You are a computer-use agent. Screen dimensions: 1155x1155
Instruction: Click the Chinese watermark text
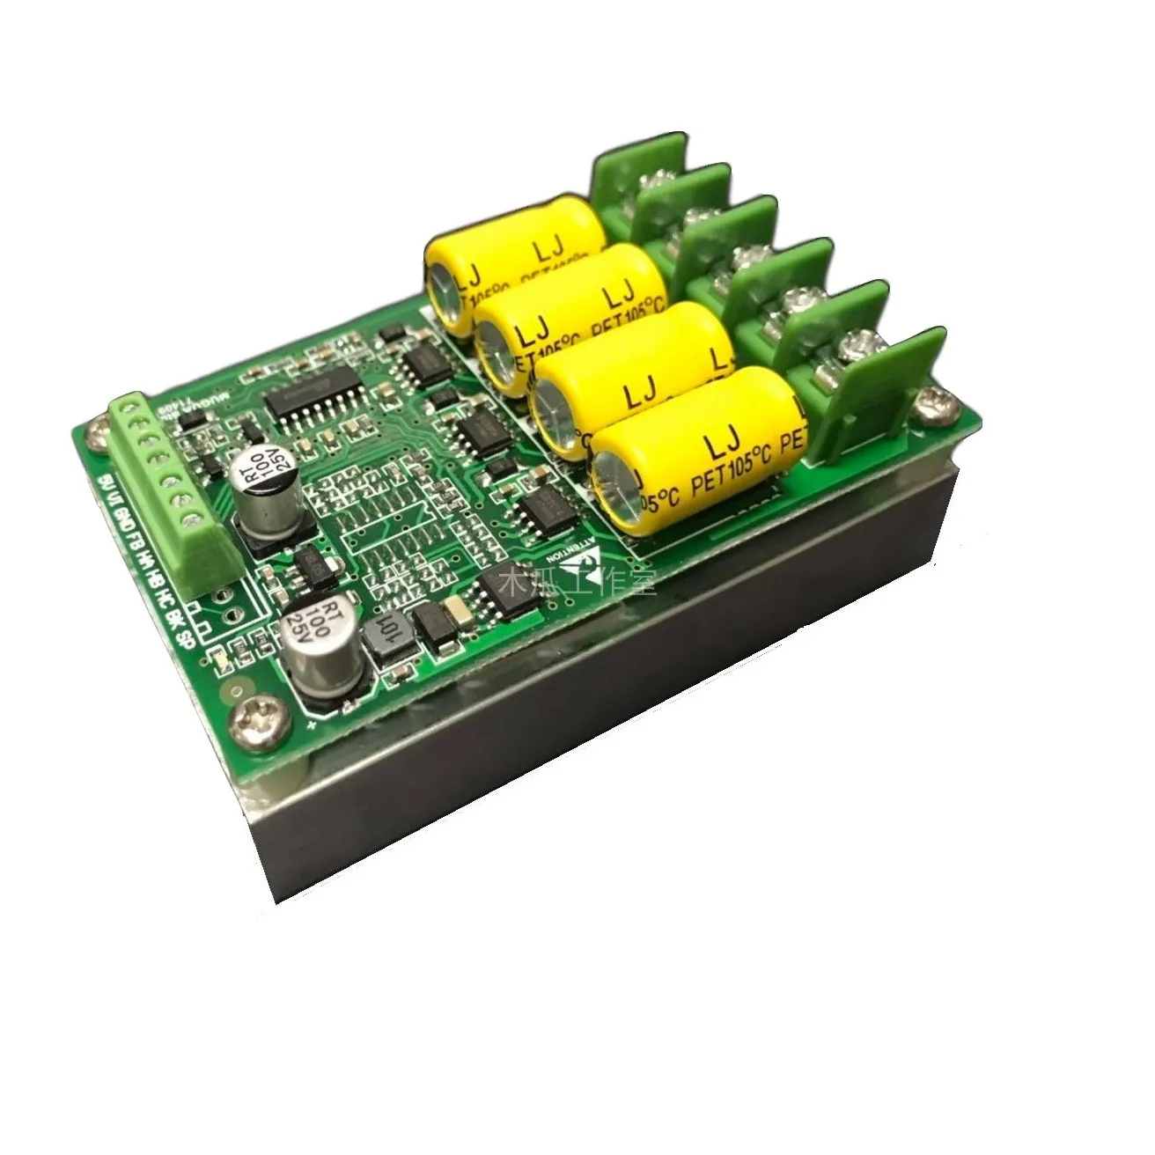click(x=577, y=583)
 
